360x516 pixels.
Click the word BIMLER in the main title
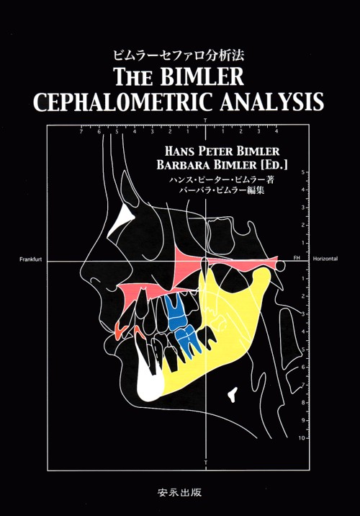click(x=202, y=76)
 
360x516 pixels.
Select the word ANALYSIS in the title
click(x=272, y=102)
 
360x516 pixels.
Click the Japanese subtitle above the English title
click(x=179, y=55)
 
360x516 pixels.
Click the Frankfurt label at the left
click(x=30, y=259)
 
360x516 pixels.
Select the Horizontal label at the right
click(x=325, y=259)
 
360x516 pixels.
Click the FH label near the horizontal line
click(x=297, y=258)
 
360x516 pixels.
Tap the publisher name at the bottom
click(x=179, y=492)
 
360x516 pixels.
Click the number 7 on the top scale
click(x=81, y=132)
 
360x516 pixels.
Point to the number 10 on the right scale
click(x=302, y=438)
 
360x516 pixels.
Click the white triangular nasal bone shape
click(x=122, y=219)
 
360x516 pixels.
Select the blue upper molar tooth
click(x=174, y=311)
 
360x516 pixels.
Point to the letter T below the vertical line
click(x=205, y=463)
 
